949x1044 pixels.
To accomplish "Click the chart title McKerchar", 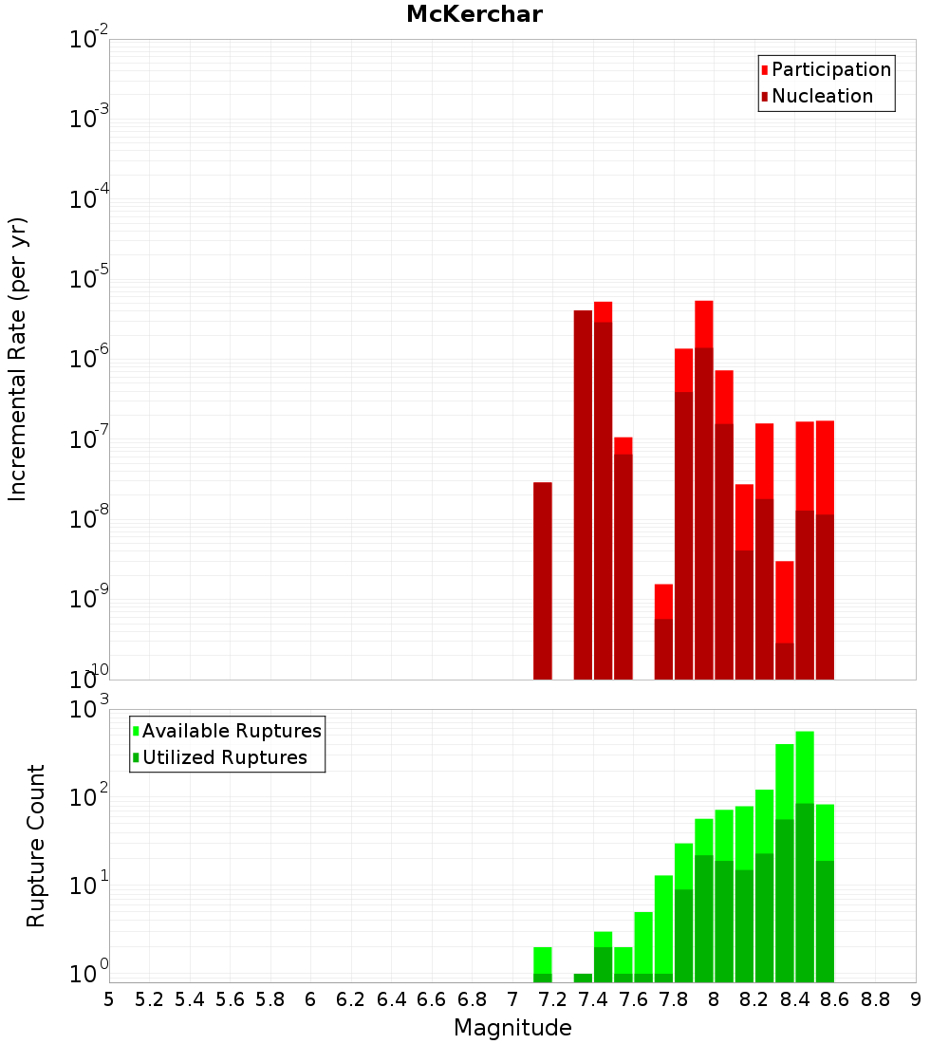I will click(474, 14).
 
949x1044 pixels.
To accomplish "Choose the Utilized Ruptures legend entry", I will click(224, 757).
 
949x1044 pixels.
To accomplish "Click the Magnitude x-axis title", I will click(512, 1028).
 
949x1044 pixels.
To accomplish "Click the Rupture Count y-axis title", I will click(36, 846).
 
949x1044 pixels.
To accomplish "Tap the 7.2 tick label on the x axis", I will click(552, 998).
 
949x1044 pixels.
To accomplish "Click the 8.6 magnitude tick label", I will click(835, 998).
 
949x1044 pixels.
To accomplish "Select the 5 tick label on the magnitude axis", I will click(109, 998).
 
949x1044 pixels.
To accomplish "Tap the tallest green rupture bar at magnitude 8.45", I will click(805, 854).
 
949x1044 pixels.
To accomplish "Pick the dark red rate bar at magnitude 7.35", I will click(583, 494).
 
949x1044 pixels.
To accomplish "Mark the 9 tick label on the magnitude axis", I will click(916, 998).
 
